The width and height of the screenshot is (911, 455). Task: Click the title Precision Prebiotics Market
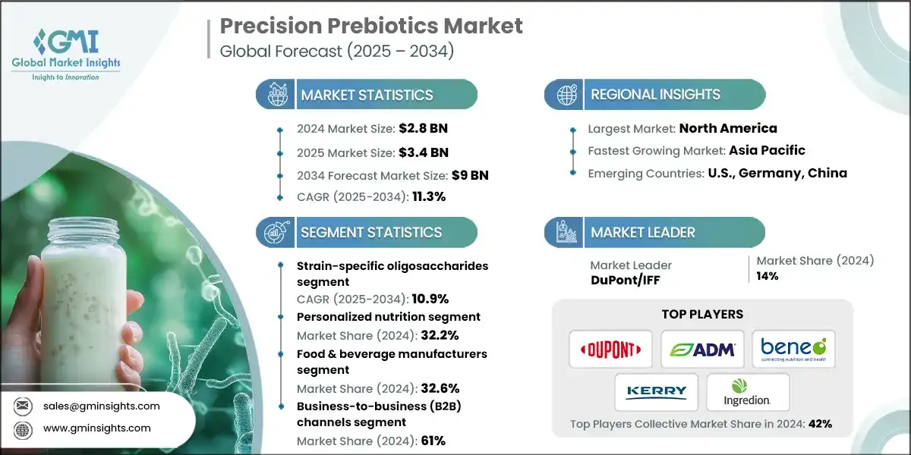tap(371, 26)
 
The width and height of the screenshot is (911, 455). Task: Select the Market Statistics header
tap(367, 95)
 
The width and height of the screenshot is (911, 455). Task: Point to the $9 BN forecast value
tap(471, 175)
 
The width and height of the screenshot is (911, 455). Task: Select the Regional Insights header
tap(655, 95)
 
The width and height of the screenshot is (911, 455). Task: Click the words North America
tap(728, 128)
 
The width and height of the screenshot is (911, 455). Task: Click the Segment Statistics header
tap(370, 232)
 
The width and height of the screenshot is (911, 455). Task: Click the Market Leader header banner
tap(642, 232)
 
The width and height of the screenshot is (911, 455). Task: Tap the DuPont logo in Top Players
tap(611, 349)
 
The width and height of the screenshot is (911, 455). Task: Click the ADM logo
tap(702, 349)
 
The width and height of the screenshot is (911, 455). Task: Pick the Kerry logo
tap(657, 392)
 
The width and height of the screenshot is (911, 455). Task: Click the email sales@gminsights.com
tap(100, 406)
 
